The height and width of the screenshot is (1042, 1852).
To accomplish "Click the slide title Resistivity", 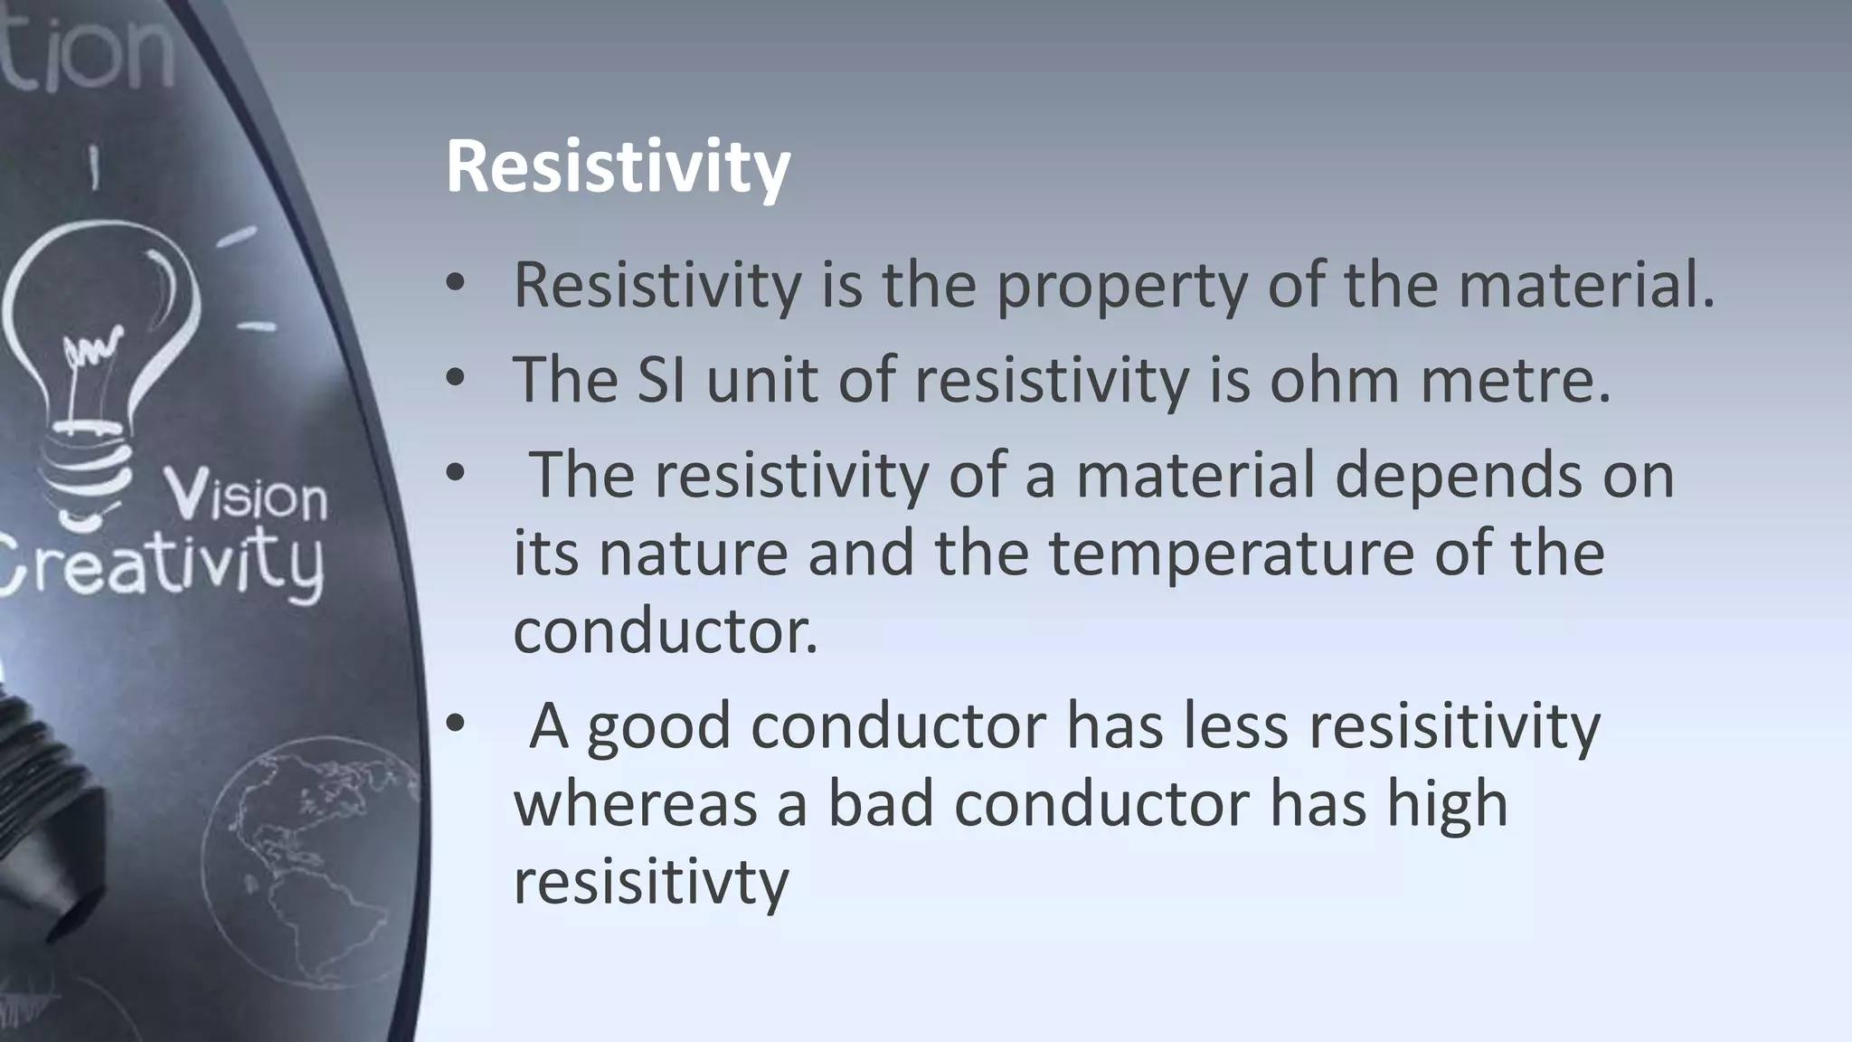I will (x=618, y=168).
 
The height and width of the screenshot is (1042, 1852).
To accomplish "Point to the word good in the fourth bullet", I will (x=658, y=727).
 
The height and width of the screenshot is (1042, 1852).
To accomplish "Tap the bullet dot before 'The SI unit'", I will (x=455, y=378).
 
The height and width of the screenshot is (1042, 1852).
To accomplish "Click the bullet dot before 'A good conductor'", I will (x=455, y=724).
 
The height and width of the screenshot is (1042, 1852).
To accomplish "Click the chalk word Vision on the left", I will (x=246, y=497).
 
